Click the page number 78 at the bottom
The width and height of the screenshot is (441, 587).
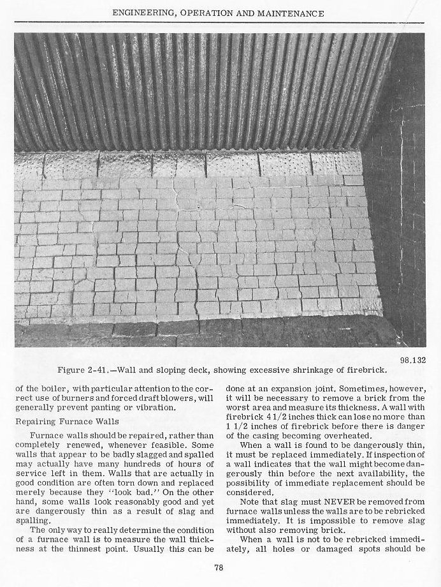pyautogui.click(x=218, y=568)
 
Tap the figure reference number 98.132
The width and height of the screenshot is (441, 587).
pyautogui.click(x=412, y=360)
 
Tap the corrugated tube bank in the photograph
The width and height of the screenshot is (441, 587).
pyautogui.click(x=191, y=89)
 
